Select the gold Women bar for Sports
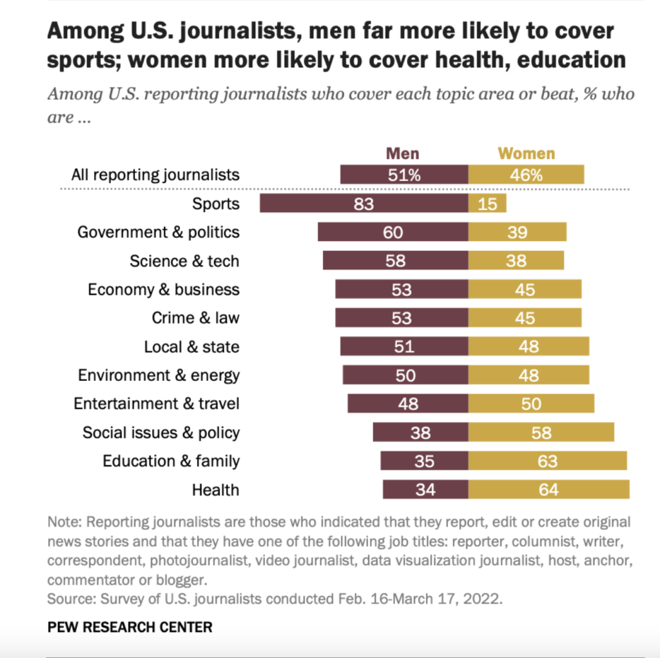tap(487, 204)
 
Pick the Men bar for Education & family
tap(424, 461)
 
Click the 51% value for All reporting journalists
tap(404, 175)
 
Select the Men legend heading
tap(402, 153)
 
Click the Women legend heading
tap(527, 153)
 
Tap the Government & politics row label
tap(158, 232)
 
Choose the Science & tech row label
tap(184, 261)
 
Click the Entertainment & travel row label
tap(156, 403)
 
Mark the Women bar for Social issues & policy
tap(541, 432)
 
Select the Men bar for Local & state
tap(404, 346)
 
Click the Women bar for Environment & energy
tap(529, 375)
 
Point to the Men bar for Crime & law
tap(402, 318)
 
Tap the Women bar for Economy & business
tap(525, 289)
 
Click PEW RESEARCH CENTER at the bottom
tap(130, 626)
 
